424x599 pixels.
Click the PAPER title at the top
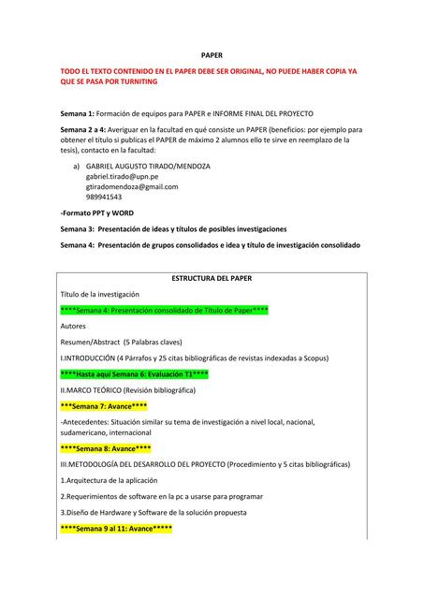(x=212, y=55)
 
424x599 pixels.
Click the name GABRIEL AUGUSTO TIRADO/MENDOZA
(x=148, y=166)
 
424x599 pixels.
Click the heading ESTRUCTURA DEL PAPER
(x=212, y=278)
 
